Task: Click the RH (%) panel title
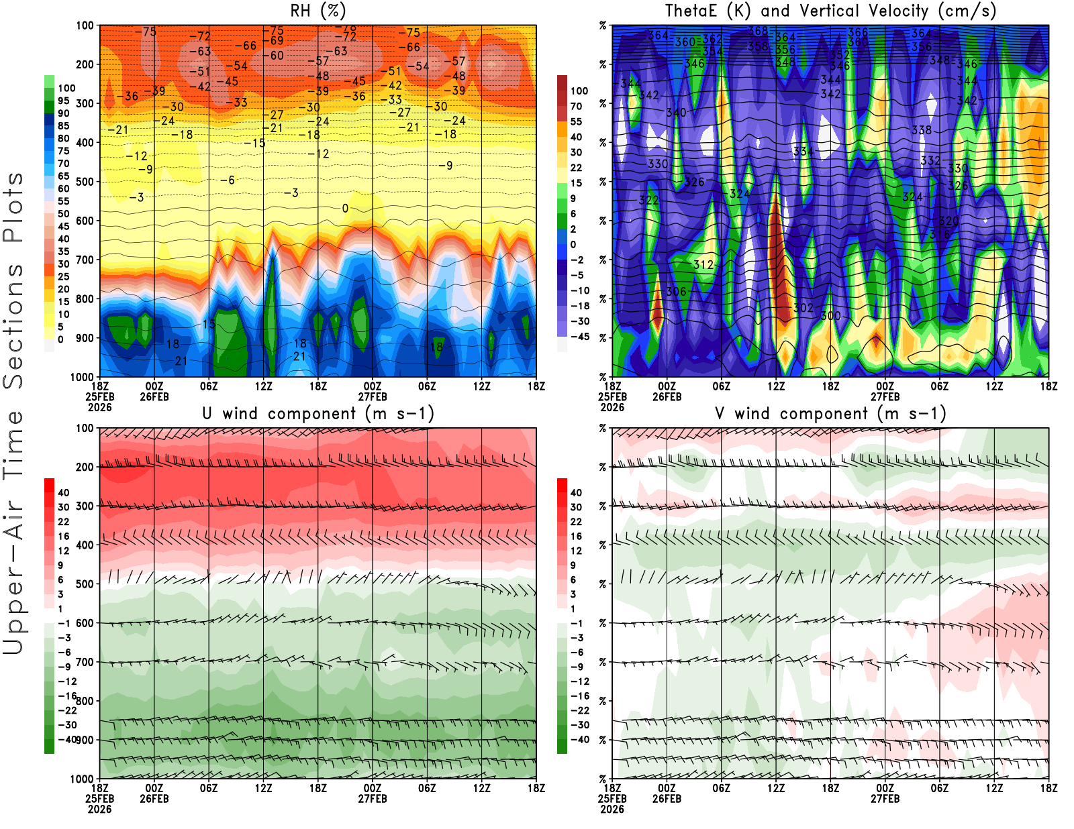tap(318, 11)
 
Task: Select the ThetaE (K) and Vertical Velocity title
tap(830, 11)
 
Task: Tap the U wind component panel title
tap(318, 413)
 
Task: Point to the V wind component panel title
tap(830, 413)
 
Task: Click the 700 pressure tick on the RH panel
tap(85, 260)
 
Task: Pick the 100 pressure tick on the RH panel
tap(85, 25)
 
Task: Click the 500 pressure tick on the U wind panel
tap(85, 584)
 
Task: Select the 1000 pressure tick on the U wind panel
tap(83, 779)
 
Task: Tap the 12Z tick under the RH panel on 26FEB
tap(264, 386)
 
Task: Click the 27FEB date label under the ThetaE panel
tap(885, 397)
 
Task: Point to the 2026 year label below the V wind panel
tap(612, 810)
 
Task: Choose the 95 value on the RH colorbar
tap(64, 101)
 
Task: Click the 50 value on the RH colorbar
tap(64, 214)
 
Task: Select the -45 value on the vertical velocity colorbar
tap(579, 337)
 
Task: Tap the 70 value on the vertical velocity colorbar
tap(576, 106)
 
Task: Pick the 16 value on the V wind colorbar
tap(576, 536)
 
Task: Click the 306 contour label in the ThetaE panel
tap(677, 291)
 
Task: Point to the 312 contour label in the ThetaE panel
tap(703, 264)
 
